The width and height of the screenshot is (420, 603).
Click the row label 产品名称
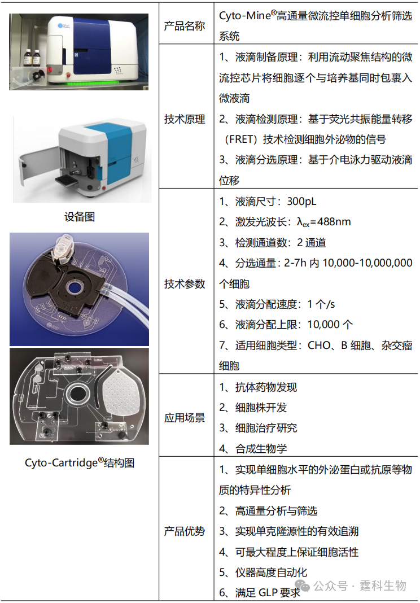184,26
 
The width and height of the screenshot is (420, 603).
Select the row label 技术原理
184,119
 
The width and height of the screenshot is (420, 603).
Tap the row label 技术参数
184,284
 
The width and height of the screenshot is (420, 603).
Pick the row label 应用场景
184,418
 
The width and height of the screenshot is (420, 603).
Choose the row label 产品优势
184,531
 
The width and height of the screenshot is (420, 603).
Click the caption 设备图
80,216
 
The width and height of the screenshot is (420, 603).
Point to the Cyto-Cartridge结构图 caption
80,462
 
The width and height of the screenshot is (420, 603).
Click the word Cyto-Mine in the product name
245,15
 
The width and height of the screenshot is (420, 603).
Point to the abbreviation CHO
319,346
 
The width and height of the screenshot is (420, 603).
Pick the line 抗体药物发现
266,387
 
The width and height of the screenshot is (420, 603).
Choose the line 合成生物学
261,448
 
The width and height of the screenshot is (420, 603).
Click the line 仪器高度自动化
271,573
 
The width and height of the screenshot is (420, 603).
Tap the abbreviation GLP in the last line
267,593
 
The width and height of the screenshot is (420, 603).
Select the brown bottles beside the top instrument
32,58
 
